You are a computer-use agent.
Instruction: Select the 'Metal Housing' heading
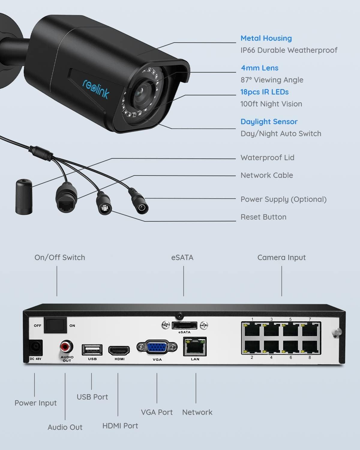[x=266, y=38]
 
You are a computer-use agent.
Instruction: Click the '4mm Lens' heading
[x=259, y=68]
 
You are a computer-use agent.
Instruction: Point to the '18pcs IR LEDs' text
[x=264, y=92]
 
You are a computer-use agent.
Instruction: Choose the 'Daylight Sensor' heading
[x=269, y=122]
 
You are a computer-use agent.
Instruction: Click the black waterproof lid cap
[x=24, y=196]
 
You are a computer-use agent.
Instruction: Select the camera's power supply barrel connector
[x=139, y=201]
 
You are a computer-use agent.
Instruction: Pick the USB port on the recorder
[x=92, y=349]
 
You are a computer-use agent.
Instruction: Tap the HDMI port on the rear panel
[x=119, y=350]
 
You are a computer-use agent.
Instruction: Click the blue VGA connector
[x=157, y=347]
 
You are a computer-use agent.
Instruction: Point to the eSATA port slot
[x=184, y=325]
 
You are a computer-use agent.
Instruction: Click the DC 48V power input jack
[x=36, y=347]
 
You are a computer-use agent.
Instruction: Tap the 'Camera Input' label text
[x=281, y=257]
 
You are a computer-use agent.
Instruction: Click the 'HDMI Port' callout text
[x=120, y=426]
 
